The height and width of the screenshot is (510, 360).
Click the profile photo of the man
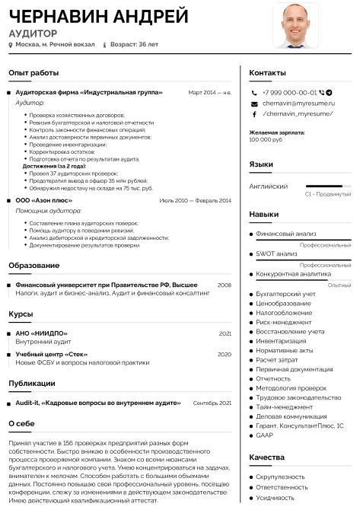tap(296, 25)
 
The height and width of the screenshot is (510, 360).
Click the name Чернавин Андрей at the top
tap(98, 16)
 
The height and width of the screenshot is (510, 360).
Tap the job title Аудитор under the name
tap(33, 33)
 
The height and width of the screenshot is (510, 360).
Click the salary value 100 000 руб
tap(266, 139)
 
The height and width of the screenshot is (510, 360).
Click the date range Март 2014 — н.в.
tap(209, 92)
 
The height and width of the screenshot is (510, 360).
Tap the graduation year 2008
tap(224, 285)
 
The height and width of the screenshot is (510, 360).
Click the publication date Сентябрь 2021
tap(212, 403)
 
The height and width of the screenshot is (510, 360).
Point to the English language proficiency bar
tap(328, 186)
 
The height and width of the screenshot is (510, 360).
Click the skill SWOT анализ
tap(276, 253)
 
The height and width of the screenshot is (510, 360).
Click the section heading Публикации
tap(31, 383)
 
